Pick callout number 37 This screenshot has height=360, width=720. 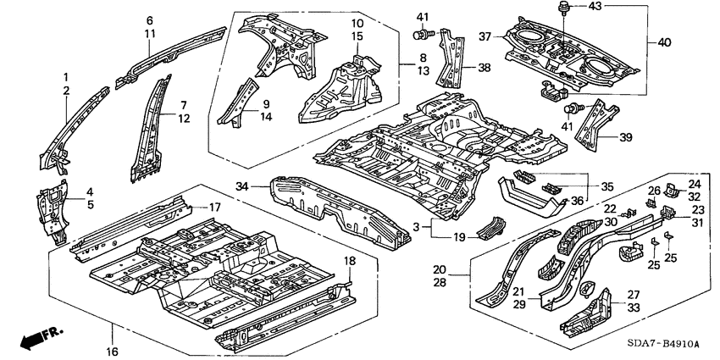click(485, 36)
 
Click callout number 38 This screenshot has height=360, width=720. click(485, 67)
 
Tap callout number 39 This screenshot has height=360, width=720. click(626, 137)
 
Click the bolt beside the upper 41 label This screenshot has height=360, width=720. click(421, 35)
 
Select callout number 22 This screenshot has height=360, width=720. click(610, 209)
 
